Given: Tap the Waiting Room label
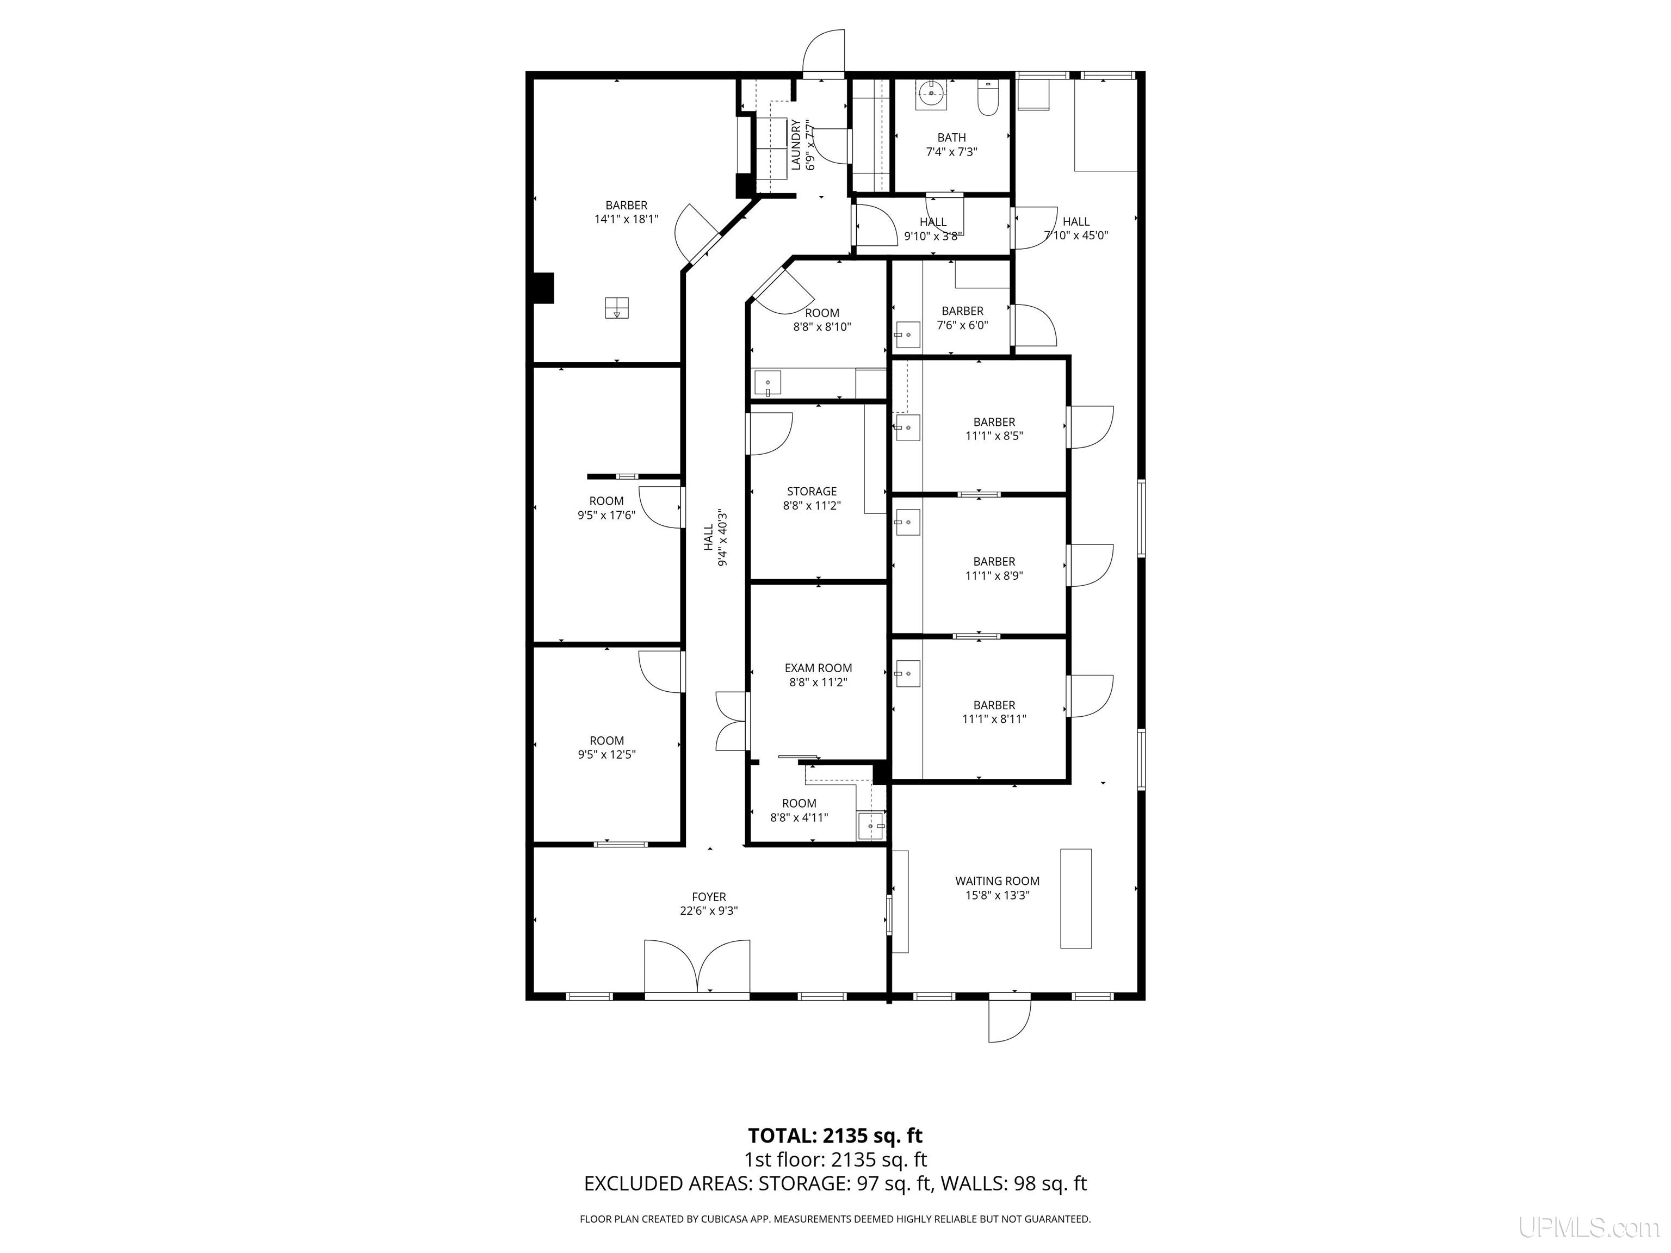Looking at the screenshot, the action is click(997, 880).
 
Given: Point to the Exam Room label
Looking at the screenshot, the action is click(818, 668).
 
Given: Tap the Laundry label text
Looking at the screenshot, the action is click(795, 144).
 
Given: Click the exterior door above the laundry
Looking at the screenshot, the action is click(824, 53).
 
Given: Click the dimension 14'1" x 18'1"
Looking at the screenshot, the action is click(626, 219).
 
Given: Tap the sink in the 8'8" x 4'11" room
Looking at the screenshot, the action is click(870, 826).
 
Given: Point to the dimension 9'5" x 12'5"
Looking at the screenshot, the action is click(606, 754).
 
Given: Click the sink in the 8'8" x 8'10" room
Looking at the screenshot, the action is click(768, 383).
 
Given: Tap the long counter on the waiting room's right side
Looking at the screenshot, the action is click(1076, 898).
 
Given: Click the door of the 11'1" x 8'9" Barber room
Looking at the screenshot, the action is click(1090, 565).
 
